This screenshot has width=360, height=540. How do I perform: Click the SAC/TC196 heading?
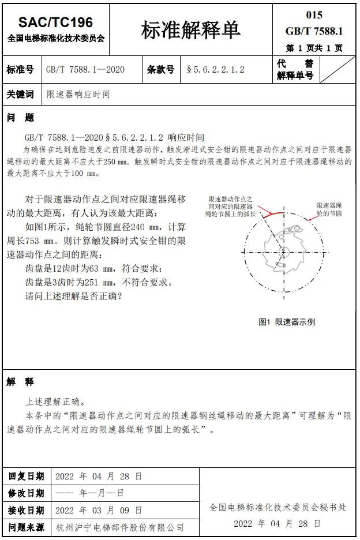[x=55, y=22]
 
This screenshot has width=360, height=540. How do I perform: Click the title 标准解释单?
[x=190, y=30]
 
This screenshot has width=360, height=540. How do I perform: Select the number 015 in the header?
[x=314, y=15]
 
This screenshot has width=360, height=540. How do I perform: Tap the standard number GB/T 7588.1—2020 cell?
[x=85, y=70]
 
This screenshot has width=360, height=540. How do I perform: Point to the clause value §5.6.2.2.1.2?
[x=216, y=70]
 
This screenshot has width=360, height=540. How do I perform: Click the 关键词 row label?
[x=20, y=94]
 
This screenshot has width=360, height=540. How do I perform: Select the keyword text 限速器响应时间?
[x=78, y=94]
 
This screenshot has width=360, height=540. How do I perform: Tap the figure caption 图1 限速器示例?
[x=287, y=322]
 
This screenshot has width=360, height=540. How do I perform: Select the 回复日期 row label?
[x=26, y=477]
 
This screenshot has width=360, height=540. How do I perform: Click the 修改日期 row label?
[x=26, y=493]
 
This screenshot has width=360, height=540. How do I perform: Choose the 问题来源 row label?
[x=26, y=527]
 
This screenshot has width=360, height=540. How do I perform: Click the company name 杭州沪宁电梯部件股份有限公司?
[x=120, y=527]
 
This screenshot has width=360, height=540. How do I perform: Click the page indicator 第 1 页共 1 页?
[x=314, y=48]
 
